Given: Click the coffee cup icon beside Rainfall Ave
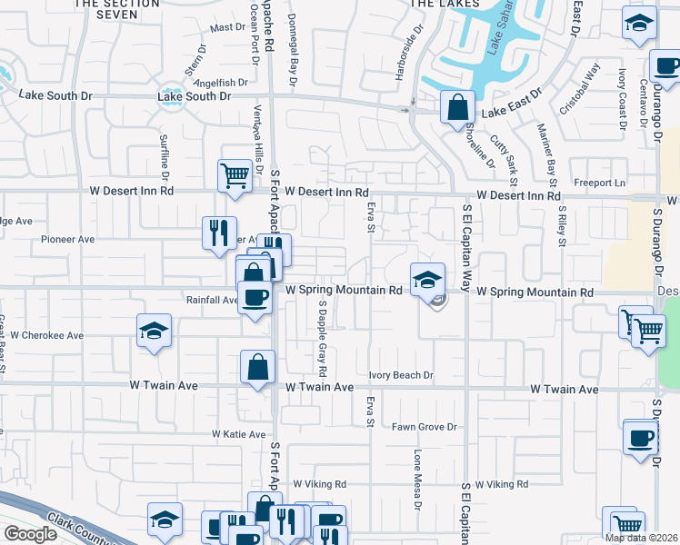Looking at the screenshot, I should pos(255,297).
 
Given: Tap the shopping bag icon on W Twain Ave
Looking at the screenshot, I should pos(257,367).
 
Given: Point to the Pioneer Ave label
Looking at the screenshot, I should pos(68,240).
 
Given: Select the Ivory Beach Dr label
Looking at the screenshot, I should pos(401,375).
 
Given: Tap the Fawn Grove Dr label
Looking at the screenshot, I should pos(424,427).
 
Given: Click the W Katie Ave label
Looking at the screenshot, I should pos(238,435).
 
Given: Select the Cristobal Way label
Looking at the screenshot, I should pos(581,86).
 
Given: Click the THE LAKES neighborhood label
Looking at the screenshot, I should pos(445,5).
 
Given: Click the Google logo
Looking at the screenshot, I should pos(30,534).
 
